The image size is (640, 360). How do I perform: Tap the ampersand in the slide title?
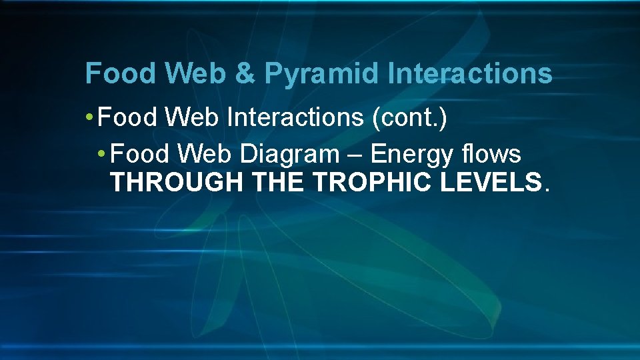(245, 73)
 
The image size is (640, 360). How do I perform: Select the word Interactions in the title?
(471, 73)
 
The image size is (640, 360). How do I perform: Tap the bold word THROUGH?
(177, 182)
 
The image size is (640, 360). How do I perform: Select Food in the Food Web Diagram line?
(141, 154)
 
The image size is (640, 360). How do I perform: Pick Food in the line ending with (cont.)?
(127, 118)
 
